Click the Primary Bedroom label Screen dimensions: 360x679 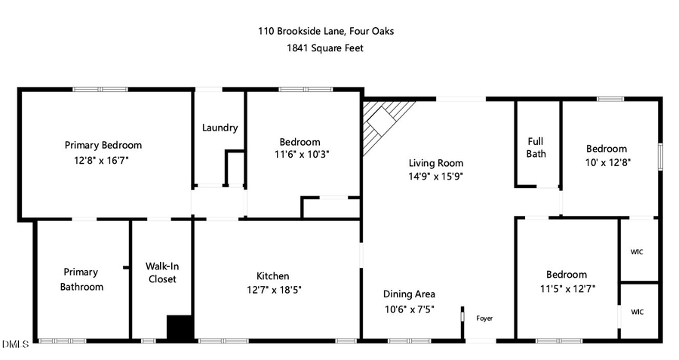(103, 145)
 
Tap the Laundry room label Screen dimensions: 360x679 (220, 128)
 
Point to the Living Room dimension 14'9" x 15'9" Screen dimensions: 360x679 (436, 176)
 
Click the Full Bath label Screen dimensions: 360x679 (536, 147)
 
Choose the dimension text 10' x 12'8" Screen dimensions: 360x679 (607, 162)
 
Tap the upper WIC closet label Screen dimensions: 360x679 (638, 251)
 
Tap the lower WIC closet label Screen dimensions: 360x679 (638, 311)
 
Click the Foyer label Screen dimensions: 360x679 (484, 318)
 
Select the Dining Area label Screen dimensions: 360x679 (409, 294)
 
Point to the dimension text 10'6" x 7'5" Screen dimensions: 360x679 (409, 308)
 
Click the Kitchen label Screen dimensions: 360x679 (272, 276)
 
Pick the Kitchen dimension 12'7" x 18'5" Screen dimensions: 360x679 (272, 290)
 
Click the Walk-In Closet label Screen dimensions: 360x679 (162, 272)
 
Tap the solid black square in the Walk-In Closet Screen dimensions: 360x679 (180, 328)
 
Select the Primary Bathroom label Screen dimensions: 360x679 (82, 279)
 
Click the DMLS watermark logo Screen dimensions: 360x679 (15, 345)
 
